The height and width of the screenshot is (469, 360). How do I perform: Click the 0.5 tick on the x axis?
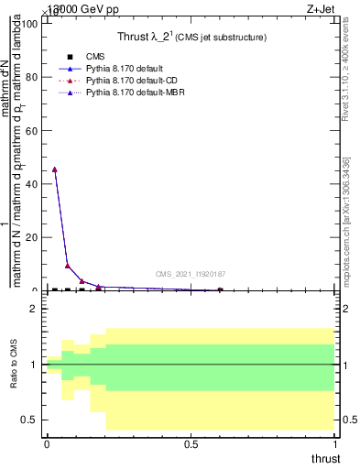[x=191, y=444]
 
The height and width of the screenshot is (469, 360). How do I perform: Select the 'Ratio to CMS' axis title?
[x=14, y=365]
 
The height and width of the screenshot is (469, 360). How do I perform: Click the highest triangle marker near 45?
[x=55, y=169]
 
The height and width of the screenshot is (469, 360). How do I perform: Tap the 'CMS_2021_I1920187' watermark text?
[x=191, y=274]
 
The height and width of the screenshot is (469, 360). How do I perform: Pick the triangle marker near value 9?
[x=68, y=266]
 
